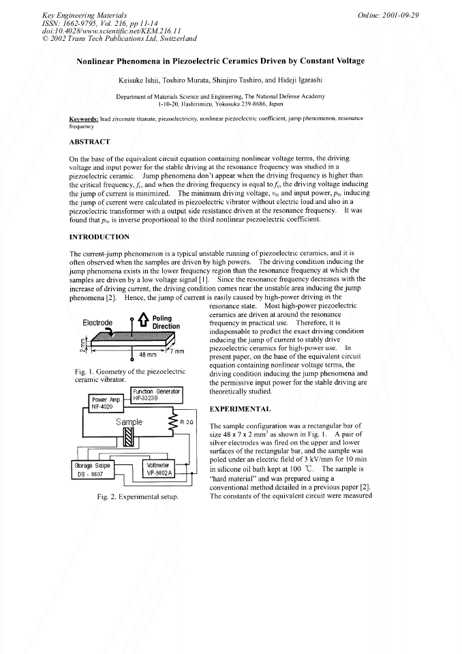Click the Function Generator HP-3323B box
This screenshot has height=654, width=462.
157,394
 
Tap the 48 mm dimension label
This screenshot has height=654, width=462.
147,355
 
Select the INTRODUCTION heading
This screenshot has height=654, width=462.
99,237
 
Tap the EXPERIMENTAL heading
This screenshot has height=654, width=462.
239,409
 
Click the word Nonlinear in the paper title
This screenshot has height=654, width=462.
101,61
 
